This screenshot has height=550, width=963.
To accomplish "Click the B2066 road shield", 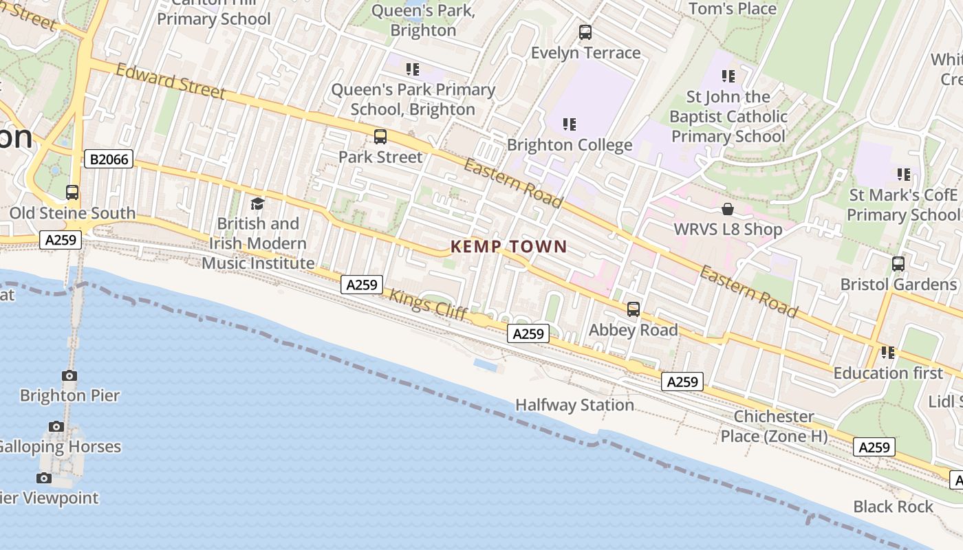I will click(109, 159).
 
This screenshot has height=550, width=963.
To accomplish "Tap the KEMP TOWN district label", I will click(509, 247).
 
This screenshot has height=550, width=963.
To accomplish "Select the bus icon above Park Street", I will click(380, 137).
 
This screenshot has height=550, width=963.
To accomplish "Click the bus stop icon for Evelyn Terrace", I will click(585, 32).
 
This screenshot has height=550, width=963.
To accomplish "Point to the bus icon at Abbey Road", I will click(634, 309).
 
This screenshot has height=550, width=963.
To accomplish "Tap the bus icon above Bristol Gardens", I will click(898, 264).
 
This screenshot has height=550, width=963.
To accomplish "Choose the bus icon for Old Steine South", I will click(72, 192).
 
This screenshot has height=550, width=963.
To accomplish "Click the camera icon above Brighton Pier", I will click(69, 375).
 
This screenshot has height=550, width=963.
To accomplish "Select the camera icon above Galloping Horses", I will click(56, 427).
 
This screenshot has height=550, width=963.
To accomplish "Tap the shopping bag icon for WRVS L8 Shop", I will click(728, 209).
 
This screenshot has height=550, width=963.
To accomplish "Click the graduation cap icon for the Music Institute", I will click(258, 203).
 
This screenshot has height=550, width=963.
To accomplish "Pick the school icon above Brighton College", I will click(570, 124).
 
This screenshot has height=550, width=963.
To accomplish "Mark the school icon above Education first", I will click(888, 353).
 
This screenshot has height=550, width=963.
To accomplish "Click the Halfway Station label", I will click(574, 405).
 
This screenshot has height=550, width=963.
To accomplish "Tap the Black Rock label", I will click(893, 507).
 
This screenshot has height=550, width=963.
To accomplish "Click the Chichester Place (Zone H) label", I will click(774, 426).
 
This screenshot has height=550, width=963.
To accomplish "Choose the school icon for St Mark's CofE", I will click(903, 175).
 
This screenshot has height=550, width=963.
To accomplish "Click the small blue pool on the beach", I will click(486, 365).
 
